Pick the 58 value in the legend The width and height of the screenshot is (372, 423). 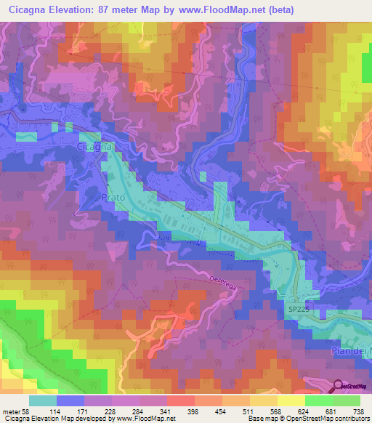click(28, 411)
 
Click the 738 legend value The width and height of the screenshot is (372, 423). click(357, 411)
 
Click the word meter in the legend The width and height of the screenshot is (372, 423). click(12, 411)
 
